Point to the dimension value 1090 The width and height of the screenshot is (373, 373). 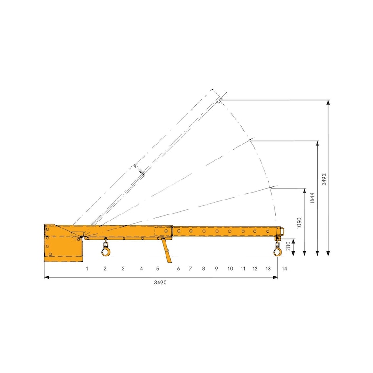click(300, 222)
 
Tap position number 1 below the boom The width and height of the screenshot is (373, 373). click(87, 269)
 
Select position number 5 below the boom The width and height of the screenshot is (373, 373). click(157, 269)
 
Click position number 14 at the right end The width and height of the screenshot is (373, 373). click(284, 269)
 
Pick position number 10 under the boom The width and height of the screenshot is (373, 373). click(230, 269)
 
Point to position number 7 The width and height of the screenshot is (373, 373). click(190, 269)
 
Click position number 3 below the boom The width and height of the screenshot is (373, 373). click(123, 269)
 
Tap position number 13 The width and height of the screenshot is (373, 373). click(268, 269)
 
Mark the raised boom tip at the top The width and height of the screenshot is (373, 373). click(219, 99)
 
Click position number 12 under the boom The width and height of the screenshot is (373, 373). click(255, 269)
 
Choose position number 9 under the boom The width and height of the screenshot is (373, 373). click(216, 269)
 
